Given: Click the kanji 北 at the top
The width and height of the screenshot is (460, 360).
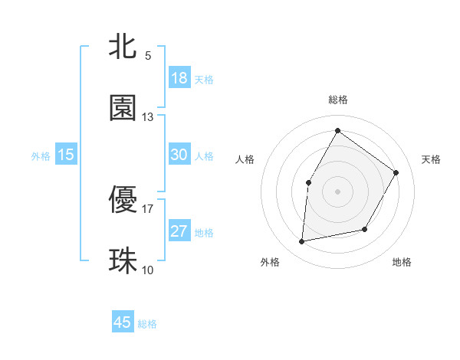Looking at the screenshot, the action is (123, 47).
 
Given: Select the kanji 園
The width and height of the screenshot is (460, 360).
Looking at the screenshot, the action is (123, 108).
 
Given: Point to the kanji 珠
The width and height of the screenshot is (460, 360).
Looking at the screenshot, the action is (123, 260).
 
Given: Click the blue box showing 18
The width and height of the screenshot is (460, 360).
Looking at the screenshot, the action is (179, 78).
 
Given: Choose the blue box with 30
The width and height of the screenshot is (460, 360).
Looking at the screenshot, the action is (179, 155).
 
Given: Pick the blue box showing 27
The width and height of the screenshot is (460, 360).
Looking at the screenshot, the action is (179, 231).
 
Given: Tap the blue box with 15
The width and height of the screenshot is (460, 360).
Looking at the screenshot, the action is (66, 155).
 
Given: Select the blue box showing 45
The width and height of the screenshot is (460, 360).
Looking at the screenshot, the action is (123, 322).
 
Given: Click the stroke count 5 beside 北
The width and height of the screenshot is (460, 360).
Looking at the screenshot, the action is (148, 55).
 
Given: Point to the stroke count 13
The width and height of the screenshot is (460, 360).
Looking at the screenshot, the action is (148, 116).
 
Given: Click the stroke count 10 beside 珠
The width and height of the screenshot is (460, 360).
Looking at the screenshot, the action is (148, 270).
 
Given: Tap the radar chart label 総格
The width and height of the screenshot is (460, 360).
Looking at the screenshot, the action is (338, 100).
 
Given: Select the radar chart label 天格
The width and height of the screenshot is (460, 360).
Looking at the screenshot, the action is (431, 159).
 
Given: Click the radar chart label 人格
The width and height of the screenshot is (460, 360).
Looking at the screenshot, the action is (245, 159).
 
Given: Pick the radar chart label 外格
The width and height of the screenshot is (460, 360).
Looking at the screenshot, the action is (270, 262).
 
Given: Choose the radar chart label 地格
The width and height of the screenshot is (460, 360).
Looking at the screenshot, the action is (402, 262).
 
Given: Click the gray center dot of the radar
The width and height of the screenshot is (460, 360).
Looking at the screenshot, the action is (337, 191).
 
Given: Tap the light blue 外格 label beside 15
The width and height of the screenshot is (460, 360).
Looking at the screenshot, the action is (41, 156).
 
